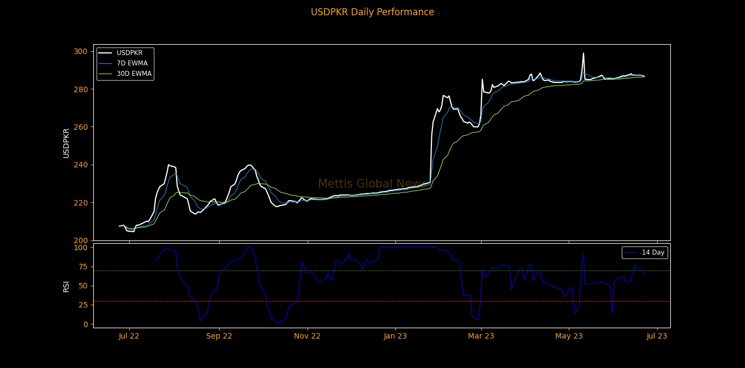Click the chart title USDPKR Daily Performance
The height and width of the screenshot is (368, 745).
click(x=372, y=12)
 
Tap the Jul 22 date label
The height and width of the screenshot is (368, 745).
click(x=129, y=336)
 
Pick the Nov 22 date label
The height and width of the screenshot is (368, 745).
click(x=308, y=336)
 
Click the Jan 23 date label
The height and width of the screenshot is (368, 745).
click(x=396, y=336)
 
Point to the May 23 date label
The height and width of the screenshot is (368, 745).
click(x=569, y=336)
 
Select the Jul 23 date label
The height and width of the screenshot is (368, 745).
click(x=657, y=336)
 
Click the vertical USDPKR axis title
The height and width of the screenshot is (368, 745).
click(x=66, y=143)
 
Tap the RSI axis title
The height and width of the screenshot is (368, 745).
click(x=66, y=286)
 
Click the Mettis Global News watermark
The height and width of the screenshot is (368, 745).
click(x=372, y=184)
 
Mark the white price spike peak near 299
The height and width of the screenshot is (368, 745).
click(x=583, y=53)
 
